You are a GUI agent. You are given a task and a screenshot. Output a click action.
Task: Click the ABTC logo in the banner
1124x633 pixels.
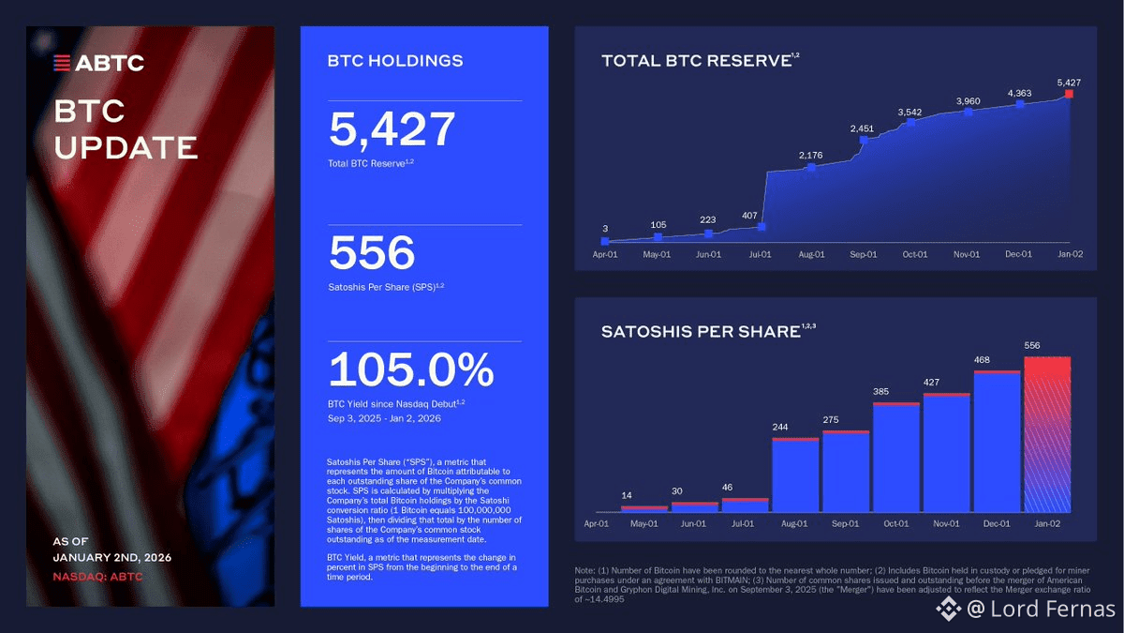tap(98, 64)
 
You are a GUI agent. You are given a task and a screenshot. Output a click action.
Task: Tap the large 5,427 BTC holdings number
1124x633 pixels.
tap(392, 130)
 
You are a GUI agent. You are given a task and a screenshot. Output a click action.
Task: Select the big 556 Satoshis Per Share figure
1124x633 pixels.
tap(372, 252)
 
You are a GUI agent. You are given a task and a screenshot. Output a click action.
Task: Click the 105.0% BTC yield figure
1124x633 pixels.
tap(411, 369)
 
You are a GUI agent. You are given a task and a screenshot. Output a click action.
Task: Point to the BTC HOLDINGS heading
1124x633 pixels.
tap(394, 61)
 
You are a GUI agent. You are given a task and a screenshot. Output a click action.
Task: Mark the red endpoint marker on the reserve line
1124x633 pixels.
tap(1070, 94)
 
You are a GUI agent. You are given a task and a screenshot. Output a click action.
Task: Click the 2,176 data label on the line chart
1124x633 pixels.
tap(811, 155)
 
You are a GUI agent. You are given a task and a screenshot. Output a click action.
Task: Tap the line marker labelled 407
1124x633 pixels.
tap(762, 226)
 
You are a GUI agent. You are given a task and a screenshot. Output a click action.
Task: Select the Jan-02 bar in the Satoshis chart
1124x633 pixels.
tap(1046, 434)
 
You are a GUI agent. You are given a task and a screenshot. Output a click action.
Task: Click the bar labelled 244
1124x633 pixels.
tap(796, 475)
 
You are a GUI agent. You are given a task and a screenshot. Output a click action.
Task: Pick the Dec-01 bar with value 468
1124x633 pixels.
tap(997, 442)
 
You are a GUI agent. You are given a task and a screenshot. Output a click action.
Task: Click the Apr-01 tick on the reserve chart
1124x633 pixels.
tap(605, 254)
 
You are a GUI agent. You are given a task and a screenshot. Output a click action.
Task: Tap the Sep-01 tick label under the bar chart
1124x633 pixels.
tap(846, 523)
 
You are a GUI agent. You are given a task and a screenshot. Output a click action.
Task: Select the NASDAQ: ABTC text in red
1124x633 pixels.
tap(97, 576)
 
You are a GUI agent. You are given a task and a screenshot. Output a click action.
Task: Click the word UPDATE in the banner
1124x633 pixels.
tap(126, 148)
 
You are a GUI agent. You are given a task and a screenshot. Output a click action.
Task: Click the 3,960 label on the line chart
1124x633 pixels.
tap(968, 100)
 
